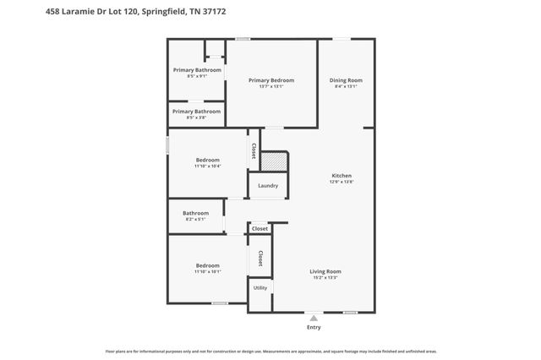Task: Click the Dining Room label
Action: point(346,80)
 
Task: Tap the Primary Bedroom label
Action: point(270,80)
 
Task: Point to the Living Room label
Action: point(325,271)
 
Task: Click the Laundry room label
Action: point(268,186)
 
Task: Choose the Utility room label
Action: point(260,288)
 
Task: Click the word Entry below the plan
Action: point(314,327)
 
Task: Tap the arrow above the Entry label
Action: point(314,317)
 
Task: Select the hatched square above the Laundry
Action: point(273,161)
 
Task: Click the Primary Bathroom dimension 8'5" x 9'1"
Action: point(197,76)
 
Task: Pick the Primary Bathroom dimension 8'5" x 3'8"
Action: point(197,117)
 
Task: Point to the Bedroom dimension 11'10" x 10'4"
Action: point(208,166)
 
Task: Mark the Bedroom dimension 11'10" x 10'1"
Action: point(208,272)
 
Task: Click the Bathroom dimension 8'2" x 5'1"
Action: point(195,220)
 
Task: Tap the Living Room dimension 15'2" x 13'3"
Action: point(325,278)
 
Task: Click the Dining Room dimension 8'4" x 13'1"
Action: point(346,86)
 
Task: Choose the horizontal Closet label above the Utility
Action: point(260,228)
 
